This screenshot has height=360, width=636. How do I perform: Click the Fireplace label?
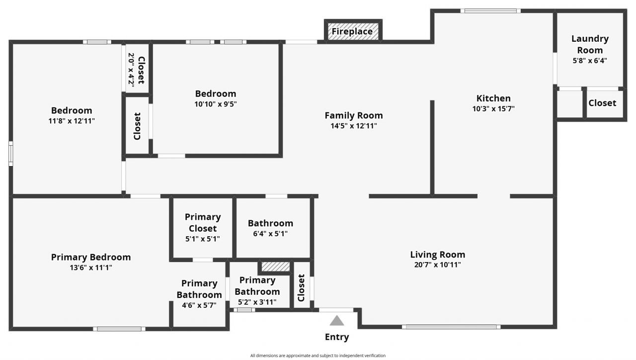[x=352, y=32]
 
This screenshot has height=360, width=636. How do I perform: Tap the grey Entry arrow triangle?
[x=337, y=321]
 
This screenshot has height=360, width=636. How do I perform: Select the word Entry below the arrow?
[x=337, y=337]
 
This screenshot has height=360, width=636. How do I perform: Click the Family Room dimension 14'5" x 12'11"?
[x=354, y=126]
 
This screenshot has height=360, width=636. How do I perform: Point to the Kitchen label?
[x=493, y=98]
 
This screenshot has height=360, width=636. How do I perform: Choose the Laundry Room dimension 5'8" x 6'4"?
[x=590, y=61]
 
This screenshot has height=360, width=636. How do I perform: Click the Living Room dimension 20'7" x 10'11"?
[x=438, y=265]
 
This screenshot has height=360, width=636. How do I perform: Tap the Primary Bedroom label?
[x=91, y=257]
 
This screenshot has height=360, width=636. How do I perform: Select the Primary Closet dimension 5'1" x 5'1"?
[x=202, y=239]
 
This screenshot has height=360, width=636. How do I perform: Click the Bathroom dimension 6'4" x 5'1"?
[x=270, y=234]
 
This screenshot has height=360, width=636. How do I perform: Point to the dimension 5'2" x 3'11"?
[x=257, y=302]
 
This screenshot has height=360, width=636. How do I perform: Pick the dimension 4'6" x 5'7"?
[x=199, y=305]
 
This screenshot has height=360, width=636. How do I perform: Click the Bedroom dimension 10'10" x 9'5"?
[x=216, y=104]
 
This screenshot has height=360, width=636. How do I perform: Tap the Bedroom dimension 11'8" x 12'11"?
[x=72, y=121]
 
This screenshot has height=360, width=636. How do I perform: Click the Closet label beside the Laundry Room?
[x=602, y=103]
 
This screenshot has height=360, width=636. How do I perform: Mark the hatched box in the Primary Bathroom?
[x=276, y=267]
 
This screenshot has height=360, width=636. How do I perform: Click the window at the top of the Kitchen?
[x=490, y=11]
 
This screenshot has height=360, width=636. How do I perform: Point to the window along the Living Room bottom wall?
[x=451, y=327]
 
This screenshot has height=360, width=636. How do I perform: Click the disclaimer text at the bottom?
[x=318, y=356]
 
